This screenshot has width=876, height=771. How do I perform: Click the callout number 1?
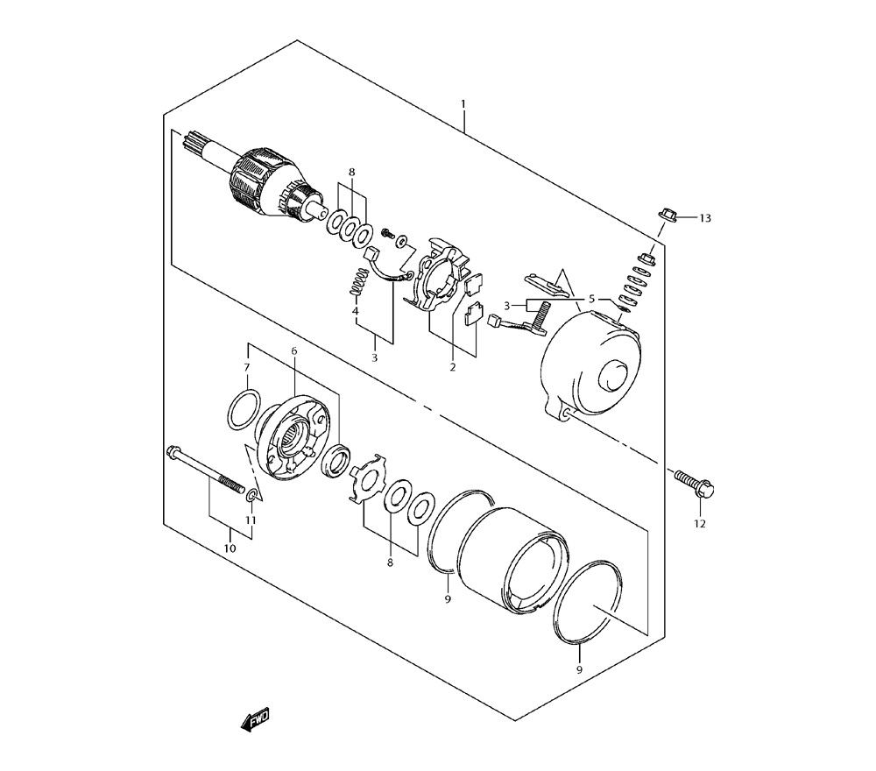click(x=463, y=104)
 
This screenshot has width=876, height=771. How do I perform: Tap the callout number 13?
click(x=705, y=218)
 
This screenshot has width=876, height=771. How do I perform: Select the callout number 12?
click(x=699, y=524)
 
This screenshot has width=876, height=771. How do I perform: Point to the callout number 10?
click(x=230, y=548)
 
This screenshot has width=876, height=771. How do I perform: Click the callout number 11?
click(x=251, y=520)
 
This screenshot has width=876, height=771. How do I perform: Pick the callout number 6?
click(x=294, y=350)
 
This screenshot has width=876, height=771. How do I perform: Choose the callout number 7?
click(x=246, y=367)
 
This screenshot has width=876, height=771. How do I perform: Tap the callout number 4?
click(x=356, y=311)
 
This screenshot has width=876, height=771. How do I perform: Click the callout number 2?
click(x=453, y=367)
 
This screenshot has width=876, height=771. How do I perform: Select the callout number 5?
click(x=591, y=299)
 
